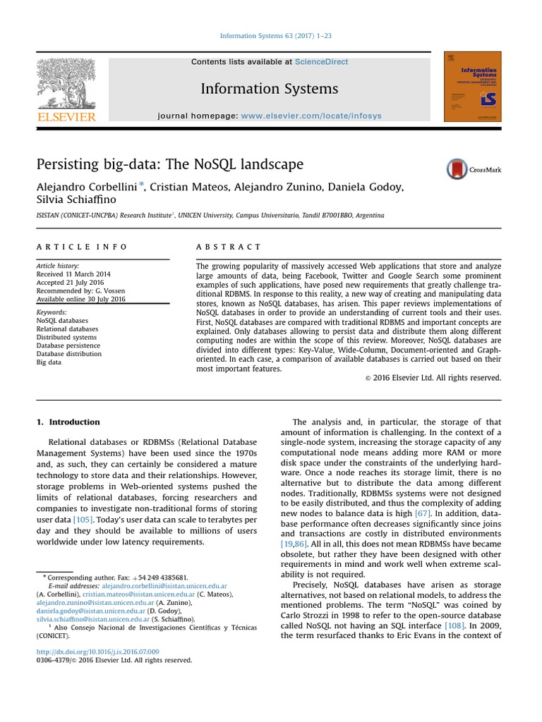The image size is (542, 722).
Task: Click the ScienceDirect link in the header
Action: click(x=321, y=62)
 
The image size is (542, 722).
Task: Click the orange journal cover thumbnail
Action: click(x=472, y=86)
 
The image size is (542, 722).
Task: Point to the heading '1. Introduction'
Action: click(x=68, y=422)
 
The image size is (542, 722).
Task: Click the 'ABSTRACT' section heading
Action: click(x=228, y=247)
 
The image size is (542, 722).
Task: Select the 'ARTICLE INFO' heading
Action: click(x=82, y=247)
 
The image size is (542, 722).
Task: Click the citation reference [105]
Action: click(x=83, y=519)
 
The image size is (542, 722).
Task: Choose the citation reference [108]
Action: click(x=453, y=625)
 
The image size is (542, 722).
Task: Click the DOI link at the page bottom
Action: click(x=97, y=651)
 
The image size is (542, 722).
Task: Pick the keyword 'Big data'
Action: click(x=49, y=362)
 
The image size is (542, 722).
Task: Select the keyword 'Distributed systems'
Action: click(x=67, y=337)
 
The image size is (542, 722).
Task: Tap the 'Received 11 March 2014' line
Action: click(x=73, y=274)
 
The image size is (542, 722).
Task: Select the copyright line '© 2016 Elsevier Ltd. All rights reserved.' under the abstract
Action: click(x=433, y=378)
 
